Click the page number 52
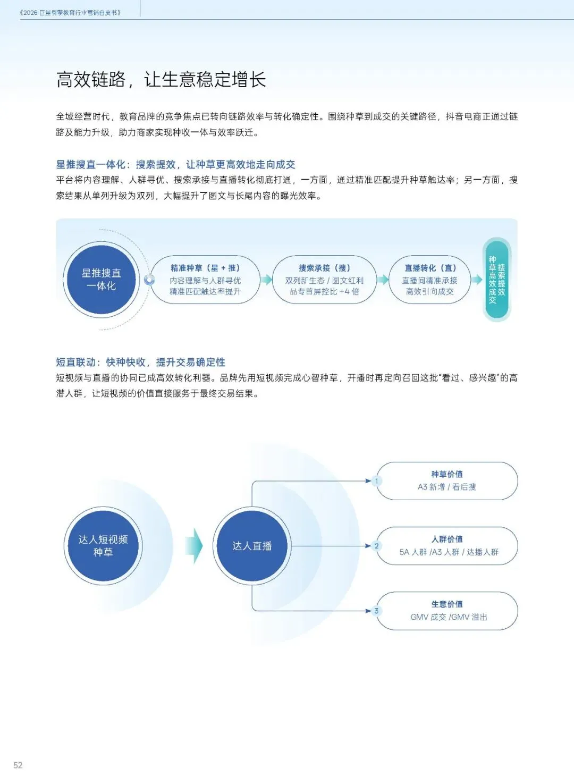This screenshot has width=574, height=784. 18,765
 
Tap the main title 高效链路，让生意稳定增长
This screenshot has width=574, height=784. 161,79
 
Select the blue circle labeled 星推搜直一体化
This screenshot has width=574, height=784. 101,279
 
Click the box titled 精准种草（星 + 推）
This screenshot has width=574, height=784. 206,279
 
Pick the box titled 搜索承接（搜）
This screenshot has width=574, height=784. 324,279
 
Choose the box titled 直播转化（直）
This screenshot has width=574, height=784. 430,279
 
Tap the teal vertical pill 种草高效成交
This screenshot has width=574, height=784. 496,279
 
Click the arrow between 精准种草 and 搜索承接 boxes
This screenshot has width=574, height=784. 266,279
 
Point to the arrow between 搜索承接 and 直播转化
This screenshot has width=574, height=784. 383,279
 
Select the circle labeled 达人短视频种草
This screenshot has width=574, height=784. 103,546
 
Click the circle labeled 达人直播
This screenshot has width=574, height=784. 252,546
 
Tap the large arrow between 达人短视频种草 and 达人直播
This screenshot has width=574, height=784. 194,546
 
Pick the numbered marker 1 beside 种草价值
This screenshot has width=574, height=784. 377,481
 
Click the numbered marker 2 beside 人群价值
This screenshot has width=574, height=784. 377,546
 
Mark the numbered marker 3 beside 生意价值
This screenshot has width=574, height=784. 377,611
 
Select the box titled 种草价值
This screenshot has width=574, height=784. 447,481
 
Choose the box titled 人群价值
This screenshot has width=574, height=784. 447,546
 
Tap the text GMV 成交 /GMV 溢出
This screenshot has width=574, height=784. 449,617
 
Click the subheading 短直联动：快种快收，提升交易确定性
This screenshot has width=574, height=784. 141,362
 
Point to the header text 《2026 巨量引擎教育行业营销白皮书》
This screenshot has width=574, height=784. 70,13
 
